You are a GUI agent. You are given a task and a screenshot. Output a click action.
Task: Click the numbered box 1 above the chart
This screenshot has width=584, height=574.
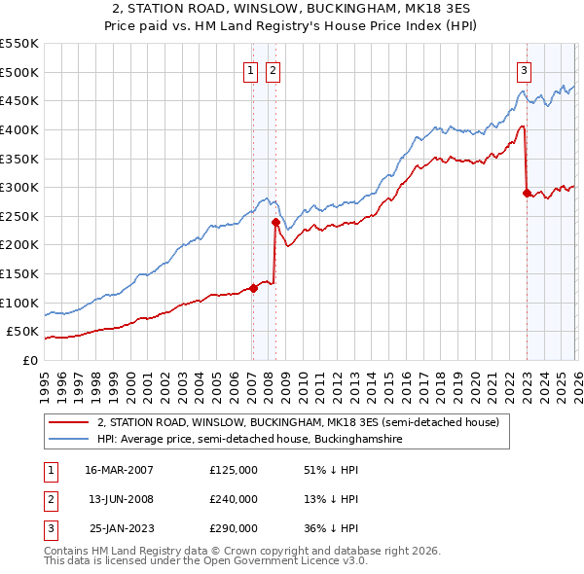(251, 69)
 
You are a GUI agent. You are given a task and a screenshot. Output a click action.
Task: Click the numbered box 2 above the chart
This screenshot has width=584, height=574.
(273, 69)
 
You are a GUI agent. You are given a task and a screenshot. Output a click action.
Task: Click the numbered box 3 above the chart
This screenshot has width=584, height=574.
(524, 69)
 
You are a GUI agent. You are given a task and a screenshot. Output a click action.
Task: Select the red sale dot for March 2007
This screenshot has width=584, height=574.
(253, 288)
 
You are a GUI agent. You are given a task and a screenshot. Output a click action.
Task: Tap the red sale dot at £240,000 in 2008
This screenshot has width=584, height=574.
(275, 222)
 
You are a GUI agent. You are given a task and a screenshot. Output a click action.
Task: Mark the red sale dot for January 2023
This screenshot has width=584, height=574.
(527, 193)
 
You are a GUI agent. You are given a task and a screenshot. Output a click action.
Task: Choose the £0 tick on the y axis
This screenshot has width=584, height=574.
(29, 360)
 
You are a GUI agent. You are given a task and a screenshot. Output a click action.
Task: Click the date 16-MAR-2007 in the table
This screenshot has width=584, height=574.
(119, 470)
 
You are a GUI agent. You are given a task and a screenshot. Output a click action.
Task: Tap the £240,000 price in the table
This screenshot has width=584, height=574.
(234, 499)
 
